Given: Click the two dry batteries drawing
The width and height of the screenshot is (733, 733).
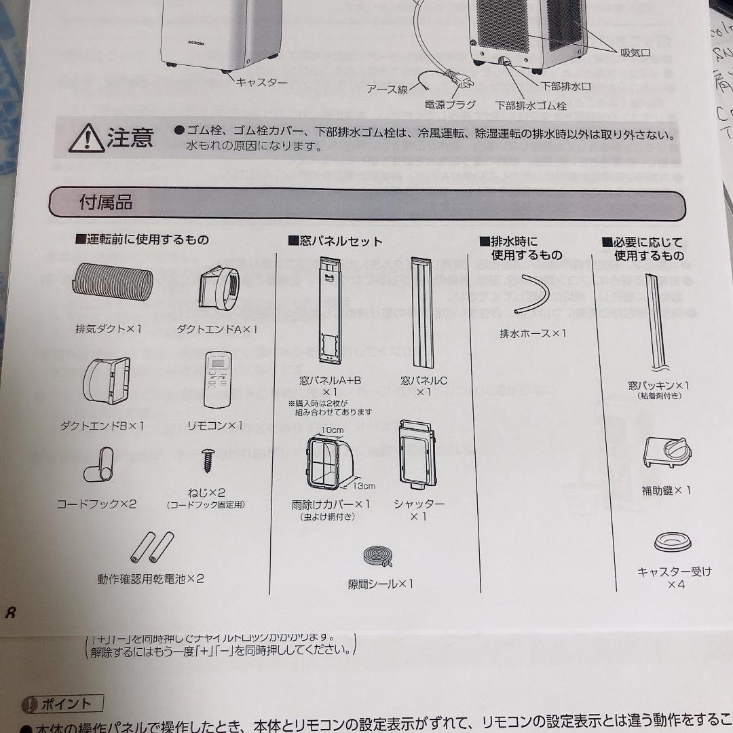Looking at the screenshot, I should [x=152, y=547].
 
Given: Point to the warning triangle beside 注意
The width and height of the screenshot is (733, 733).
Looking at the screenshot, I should [x=86, y=138].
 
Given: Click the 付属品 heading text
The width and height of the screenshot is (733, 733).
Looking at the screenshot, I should [x=106, y=203].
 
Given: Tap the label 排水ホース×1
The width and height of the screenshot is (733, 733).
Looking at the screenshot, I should [x=532, y=333].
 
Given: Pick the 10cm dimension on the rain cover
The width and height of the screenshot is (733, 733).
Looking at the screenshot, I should [x=332, y=430].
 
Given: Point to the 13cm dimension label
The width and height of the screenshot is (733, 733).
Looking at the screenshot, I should [x=363, y=486].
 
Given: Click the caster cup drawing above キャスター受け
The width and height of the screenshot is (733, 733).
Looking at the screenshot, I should [x=673, y=543].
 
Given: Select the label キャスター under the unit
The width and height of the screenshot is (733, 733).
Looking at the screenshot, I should [x=262, y=82].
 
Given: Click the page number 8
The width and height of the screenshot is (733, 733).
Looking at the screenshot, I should [x=10, y=613].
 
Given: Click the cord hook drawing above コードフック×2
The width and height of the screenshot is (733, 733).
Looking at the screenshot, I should [x=100, y=464].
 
